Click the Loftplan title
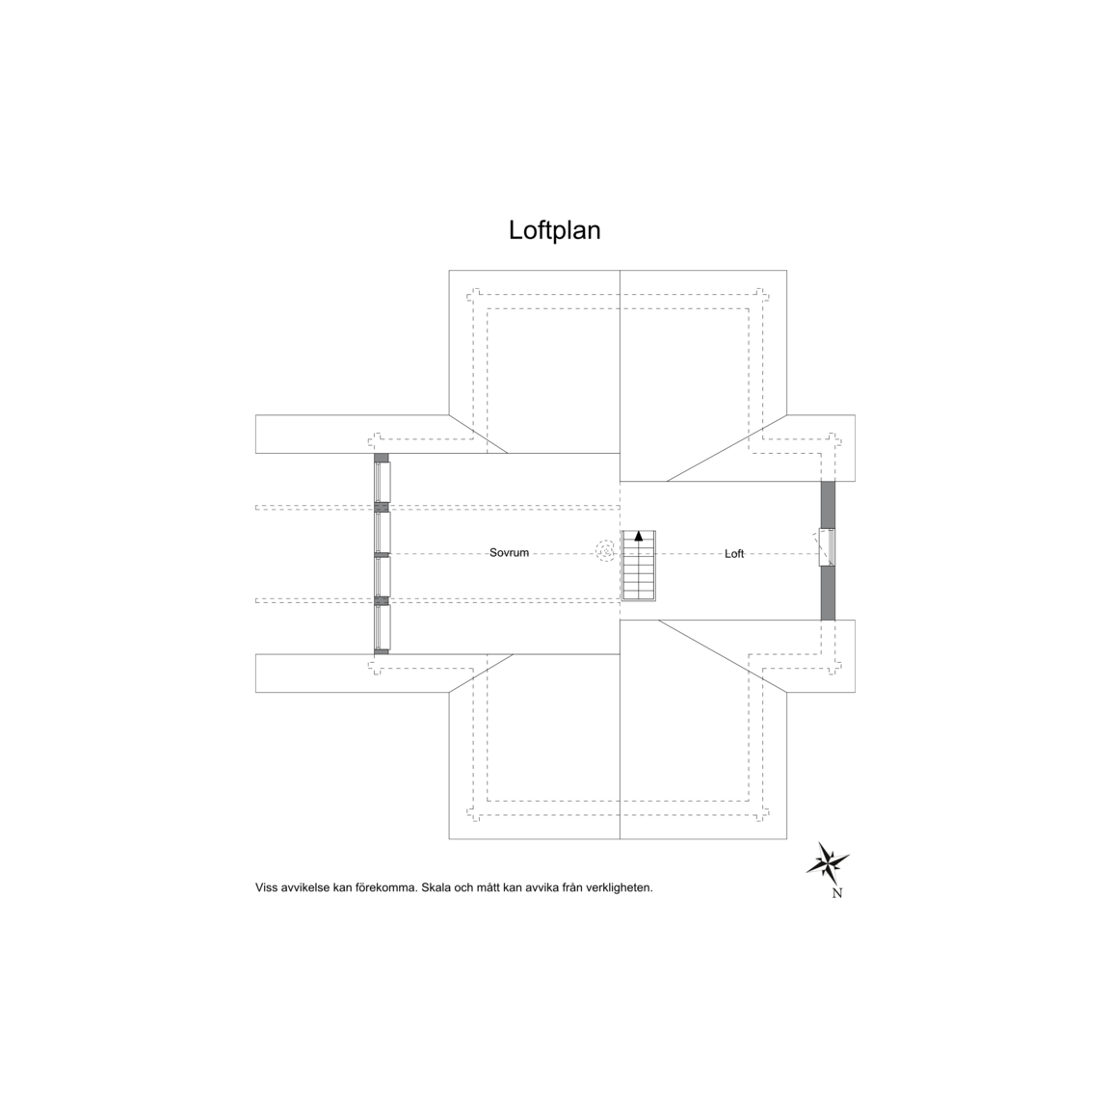tap(554, 231)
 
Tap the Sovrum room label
tap(509, 553)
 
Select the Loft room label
tap(734, 554)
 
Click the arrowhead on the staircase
tap(639, 536)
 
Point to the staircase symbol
tap(639, 566)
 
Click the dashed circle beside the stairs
tap(606, 551)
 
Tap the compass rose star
tap(828, 862)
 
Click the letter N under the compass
tap(836, 893)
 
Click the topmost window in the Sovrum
tap(382, 482)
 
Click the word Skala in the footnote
tap(436, 887)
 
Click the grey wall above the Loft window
tap(828, 505)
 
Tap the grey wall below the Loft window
tap(828, 594)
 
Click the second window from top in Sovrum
tap(382, 532)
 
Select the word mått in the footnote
tap(488, 887)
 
